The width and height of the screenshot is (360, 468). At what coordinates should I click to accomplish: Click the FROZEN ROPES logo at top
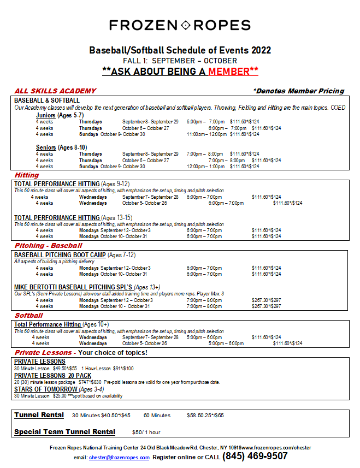180,25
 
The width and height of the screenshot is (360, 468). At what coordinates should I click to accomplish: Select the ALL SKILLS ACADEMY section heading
55,91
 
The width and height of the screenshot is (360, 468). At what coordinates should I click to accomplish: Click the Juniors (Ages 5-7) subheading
60,115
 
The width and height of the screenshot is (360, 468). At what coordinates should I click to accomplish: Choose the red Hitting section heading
27,175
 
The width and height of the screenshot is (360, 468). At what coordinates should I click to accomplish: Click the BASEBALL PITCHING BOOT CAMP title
60,255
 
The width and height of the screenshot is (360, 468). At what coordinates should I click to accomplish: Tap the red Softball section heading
28,316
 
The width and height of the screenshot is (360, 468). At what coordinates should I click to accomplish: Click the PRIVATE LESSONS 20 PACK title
52,376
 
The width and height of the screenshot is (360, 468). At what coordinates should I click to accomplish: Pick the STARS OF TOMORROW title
46,389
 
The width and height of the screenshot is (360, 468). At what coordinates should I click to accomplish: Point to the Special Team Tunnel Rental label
64,432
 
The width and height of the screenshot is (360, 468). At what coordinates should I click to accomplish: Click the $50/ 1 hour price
146,433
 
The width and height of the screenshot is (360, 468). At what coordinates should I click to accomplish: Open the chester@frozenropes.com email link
119,458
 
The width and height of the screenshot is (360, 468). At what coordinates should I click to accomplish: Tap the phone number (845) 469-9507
255,456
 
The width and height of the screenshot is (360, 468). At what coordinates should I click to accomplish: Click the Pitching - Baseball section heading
48,246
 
